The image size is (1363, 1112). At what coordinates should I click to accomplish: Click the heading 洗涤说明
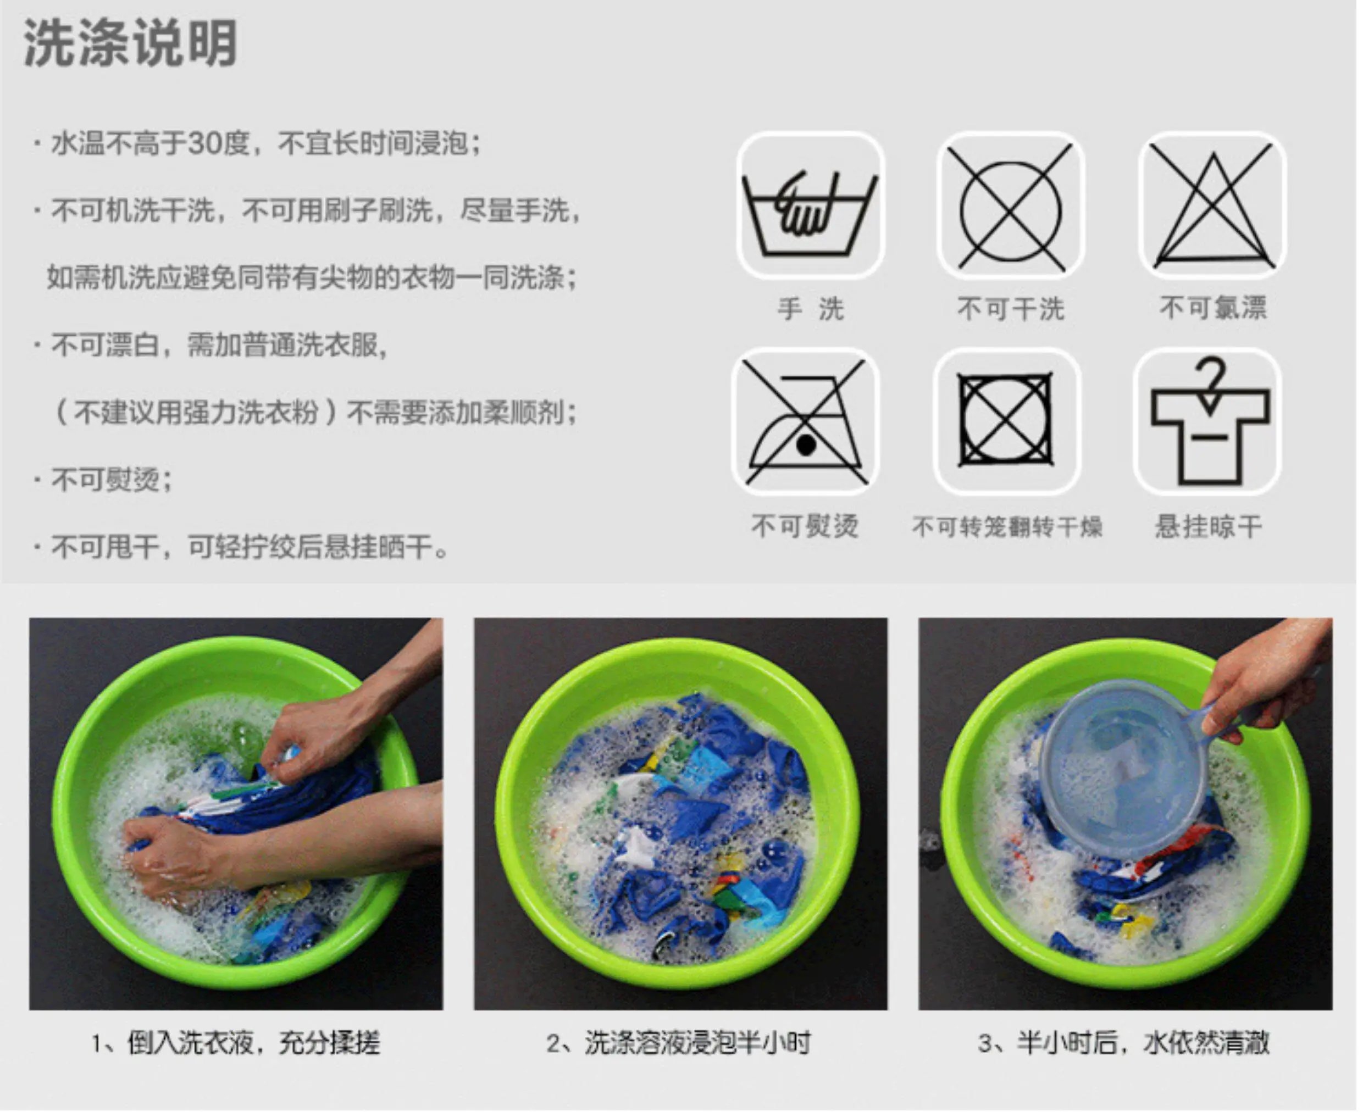tap(131, 43)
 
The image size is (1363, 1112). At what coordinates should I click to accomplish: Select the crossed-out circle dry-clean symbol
tap(1011, 206)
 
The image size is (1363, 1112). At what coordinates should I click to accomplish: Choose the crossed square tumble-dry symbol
tap(1005, 420)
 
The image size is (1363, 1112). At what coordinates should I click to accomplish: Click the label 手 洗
tap(810, 309)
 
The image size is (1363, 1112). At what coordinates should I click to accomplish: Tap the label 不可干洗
tap(1011, 309)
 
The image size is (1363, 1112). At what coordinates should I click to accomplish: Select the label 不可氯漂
tap(1213, 308)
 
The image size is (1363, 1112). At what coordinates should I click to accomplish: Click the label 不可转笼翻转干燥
tap(1007, 527)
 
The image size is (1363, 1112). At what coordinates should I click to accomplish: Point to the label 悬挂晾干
tap(1209, 527)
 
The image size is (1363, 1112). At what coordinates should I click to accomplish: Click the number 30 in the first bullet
tap(204, 143)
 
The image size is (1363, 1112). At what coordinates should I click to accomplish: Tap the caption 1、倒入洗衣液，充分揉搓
tap(236, 1043)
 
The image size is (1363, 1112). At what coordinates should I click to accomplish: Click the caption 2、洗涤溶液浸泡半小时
tap(679, 1043)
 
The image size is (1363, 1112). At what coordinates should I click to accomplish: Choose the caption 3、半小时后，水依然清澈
tap(1124, 1043)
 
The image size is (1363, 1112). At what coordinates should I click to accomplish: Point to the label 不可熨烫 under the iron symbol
tap(805, 527)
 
